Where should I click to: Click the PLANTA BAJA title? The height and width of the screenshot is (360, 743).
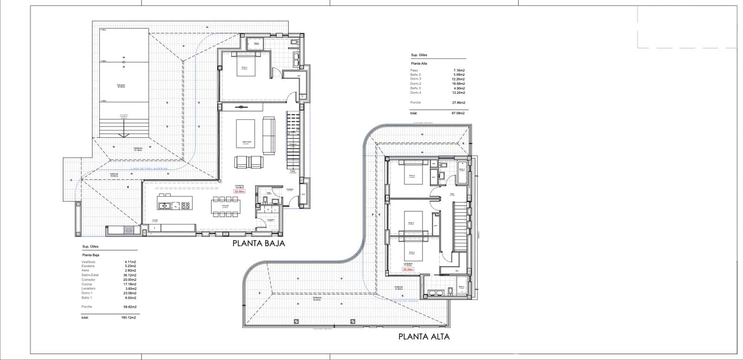[259, 243]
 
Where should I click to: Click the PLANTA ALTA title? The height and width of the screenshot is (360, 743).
[424, 336]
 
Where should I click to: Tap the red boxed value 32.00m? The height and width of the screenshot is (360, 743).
[239, 191]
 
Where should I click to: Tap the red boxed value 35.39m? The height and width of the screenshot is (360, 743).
[408, 269]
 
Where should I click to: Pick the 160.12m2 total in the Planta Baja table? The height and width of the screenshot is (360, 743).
[128, 318]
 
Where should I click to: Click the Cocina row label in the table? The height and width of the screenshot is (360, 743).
[86, 284]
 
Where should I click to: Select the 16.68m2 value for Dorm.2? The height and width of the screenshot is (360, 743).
[459, 84]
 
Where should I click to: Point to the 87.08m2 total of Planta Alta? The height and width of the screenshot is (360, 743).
[459, 113]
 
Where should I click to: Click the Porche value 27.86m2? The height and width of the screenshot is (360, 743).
[459, 102]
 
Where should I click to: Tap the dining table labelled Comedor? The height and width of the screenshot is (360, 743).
[225, 206]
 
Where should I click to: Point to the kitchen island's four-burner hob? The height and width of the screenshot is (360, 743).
[185, 205]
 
